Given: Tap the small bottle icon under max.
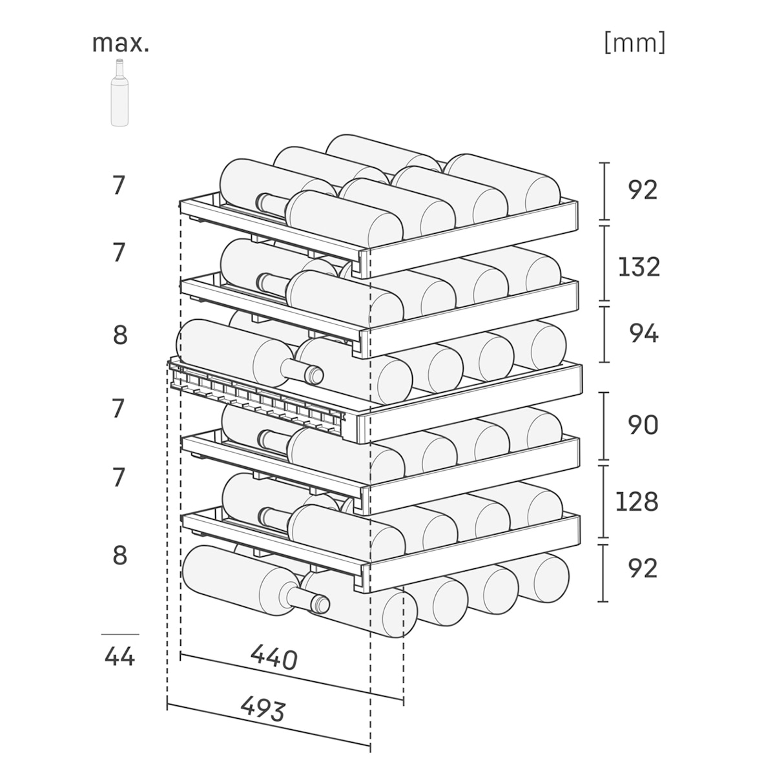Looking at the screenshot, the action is pyautogui.click(x=119, y=92).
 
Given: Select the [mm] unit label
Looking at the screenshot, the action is pyautogui.click(x=635, y=43).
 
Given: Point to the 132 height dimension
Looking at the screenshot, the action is pyautogui.click(x=639, y=267).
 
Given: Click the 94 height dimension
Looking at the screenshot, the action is pyautogui.click(x=644, y=333).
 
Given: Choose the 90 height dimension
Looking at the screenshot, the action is pyautogui.click(x=643, y=425).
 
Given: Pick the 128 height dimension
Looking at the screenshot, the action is pyautogui.click(x=637, y=501).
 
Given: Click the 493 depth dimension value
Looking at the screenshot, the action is pyautogui.click(x=263, y=710).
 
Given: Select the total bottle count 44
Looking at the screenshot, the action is pyautogui.click(x=119, y=657).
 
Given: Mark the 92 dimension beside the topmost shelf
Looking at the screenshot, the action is pyautogui.click(x=643, y=191).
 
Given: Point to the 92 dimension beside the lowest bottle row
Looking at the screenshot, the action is pyautogui.click(x=643, y=568).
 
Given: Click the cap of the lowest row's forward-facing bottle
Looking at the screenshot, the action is pyautogui.click(x=320, y=604).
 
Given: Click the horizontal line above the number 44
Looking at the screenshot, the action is pyautogui.click(x=120, y=634).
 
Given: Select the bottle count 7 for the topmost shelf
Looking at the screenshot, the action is pyautogui.click(x=119, y=185).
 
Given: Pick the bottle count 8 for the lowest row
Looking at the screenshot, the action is pyautogui.click(x=120, y=555).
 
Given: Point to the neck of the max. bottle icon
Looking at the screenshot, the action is pyautogui.click(x=119, y=68).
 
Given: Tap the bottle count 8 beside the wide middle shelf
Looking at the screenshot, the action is pyautogui.click(x=120, y=335).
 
